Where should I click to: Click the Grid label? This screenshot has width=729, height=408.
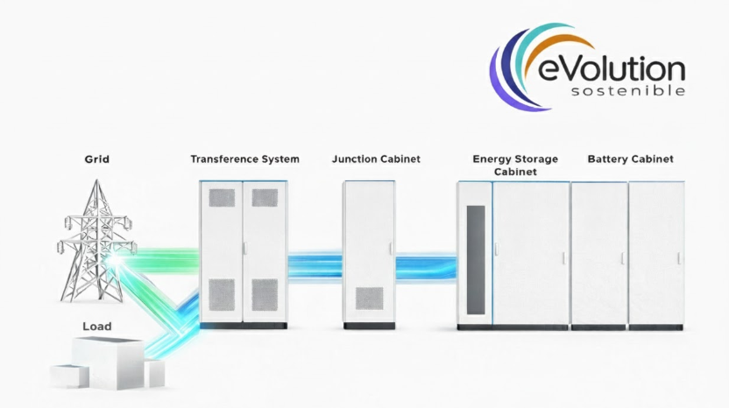[x=96, y=159]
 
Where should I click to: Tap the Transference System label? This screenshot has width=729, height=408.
[x=244, y=159]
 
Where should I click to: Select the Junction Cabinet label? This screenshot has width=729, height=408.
[x=376, y=159]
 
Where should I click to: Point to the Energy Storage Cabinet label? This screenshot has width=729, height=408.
[x=514, y=165]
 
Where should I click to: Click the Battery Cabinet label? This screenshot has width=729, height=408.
[x=630, y=159]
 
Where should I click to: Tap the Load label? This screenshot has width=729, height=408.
[x=97, y=327]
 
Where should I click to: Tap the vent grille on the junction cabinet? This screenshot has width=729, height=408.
[x=368, y=299]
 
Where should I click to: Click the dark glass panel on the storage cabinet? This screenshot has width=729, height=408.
[x=476, y=258]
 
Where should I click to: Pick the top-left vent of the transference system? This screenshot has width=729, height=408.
[x=223, y=198]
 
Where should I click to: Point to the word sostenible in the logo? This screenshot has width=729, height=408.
[x=627, y=91]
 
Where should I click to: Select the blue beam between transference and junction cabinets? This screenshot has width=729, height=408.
[x=315, y=264]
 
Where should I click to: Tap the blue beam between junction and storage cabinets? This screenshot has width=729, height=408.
[x=426, y=264]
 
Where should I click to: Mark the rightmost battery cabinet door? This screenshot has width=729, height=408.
[x=656, y=254]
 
